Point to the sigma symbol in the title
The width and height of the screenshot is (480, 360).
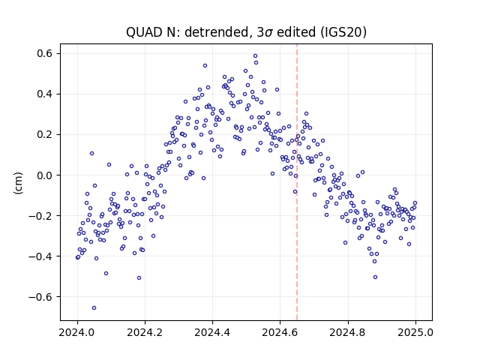coord(268,33)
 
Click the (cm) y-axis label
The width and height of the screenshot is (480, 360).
coord(18,183)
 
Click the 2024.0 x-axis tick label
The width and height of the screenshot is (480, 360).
coord(77,332)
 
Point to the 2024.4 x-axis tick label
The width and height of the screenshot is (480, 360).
coord(212,332)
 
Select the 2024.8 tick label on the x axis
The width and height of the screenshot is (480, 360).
coord(348,332)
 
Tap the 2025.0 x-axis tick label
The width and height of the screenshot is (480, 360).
coord(415,332)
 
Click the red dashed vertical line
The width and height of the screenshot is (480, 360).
coord(297,182)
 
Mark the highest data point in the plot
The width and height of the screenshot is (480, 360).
coord(255,56)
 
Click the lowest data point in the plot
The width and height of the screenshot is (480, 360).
coord(94,308)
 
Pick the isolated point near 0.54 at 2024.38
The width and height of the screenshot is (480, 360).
coord(205,66)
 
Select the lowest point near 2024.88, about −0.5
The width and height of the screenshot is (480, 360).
coord(375,277)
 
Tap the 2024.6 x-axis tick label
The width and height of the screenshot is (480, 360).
coord(280,332)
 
